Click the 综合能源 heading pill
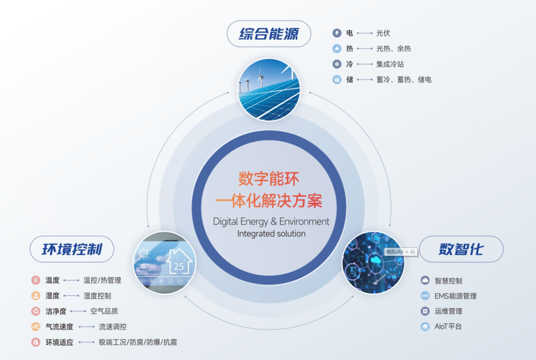tap(269, 34)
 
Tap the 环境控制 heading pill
tap(72, 249)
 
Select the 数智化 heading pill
tap(461, 249)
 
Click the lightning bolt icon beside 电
tap(337, 33)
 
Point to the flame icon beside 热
tap(337, 49)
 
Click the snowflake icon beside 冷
tap(337, 64)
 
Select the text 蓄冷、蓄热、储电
tap(404, 80)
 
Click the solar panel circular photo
tap(269, 90)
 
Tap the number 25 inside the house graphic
tap(179, 267)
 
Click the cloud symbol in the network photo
tap(375, 260)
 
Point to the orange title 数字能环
tap(269, 179)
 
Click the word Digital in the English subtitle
tap(225, 222)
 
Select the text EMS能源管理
tap(456, 296)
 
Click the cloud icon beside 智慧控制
tap(425, 280)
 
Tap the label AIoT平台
tap(448, 327)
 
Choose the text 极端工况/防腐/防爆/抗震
tap(138, 342)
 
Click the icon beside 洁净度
tap(36, 311)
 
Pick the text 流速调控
tap(113, 327)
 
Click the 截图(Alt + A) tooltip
tap(401, 252)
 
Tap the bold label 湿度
tap(52, 296)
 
